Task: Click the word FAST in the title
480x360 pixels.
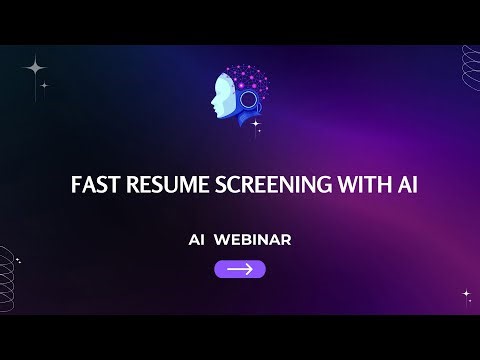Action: point(93,186)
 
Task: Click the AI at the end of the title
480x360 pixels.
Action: point(393,186)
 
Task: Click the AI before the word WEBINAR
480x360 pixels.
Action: point(198,240)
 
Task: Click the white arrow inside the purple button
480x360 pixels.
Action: point(240,269)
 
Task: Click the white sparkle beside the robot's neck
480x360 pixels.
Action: point(257,124)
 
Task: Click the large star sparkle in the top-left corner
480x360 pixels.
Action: point(36,68)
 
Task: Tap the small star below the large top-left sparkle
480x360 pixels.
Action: point(44,86)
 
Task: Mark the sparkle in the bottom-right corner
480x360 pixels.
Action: point(466,295)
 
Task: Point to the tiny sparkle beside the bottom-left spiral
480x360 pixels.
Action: point(18,259)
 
